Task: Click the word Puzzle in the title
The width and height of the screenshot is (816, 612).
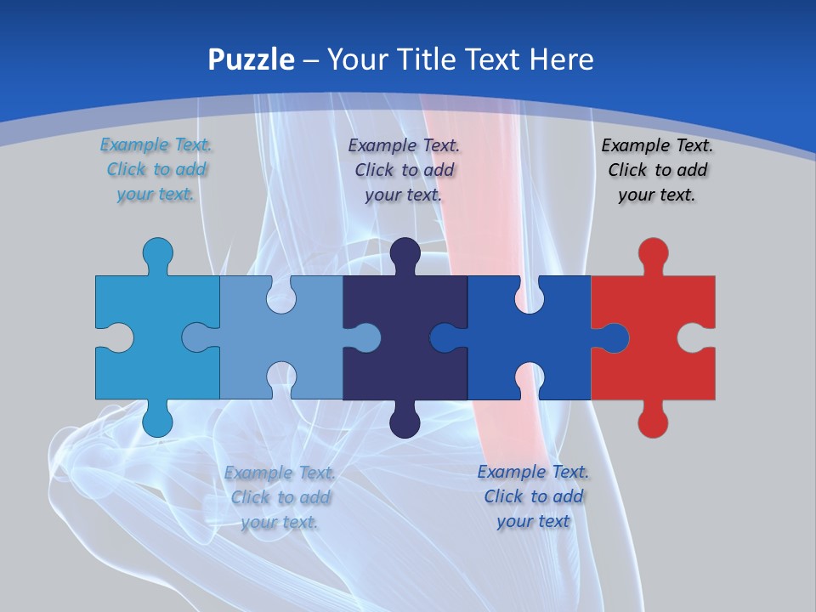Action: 252,59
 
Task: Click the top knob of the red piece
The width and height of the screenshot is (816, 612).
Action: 653,252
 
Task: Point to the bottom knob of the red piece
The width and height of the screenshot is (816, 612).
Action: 653,422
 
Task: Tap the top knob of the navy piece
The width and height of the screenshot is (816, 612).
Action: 405,252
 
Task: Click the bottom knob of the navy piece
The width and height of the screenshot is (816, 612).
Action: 405,422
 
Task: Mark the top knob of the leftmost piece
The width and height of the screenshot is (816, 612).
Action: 157,252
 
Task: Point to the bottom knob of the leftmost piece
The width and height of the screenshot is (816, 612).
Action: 157,422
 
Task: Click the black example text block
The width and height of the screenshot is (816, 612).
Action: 657,170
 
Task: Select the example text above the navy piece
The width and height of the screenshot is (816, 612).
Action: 404,170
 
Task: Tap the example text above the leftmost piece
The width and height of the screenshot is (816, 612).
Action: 156,170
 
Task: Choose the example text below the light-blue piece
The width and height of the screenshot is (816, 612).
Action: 280,497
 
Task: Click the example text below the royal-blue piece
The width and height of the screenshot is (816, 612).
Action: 533,496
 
